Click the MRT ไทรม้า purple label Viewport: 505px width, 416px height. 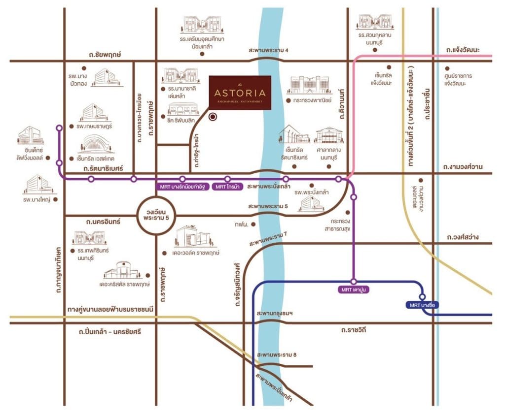[x=227, y=187]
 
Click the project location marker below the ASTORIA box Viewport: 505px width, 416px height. [x=213, y=117]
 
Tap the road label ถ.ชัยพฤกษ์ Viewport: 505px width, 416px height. [x=107, y=54]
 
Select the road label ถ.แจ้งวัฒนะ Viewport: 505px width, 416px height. [x=468, y=50]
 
